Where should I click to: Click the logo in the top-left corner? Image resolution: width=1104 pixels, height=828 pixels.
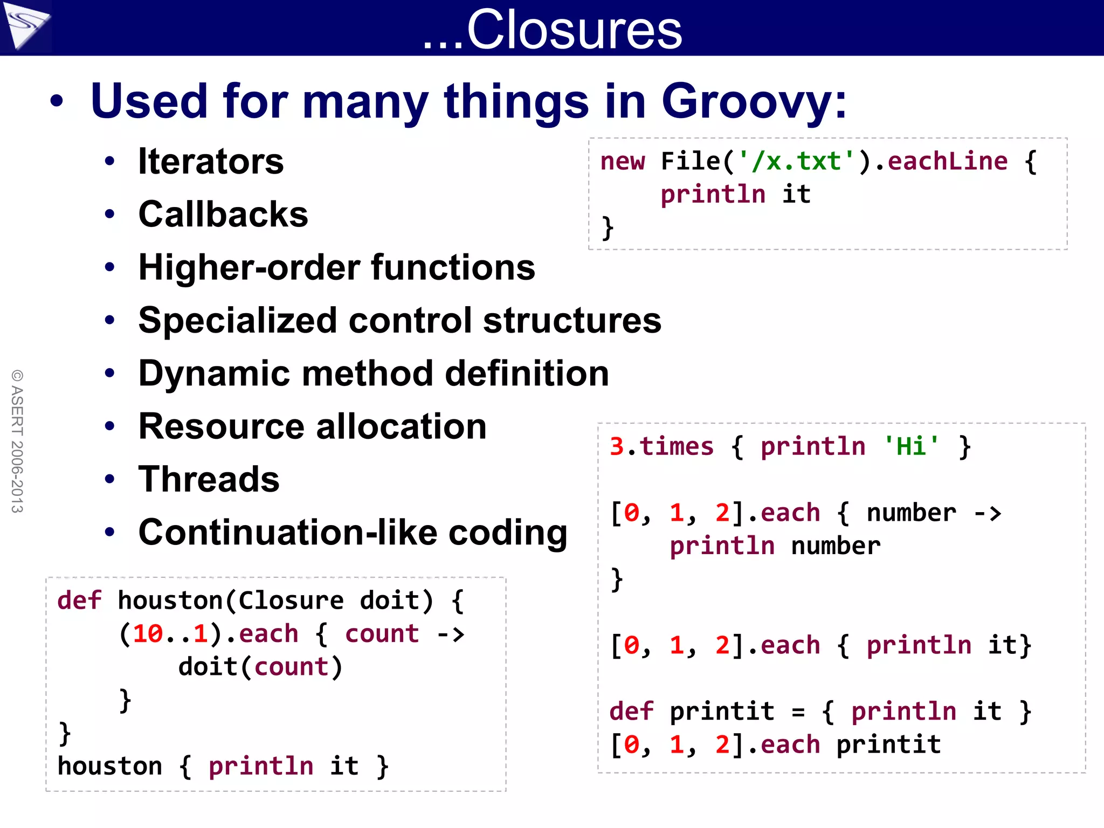(x=25, y=26)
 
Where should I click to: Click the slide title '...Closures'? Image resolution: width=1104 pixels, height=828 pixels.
(x=552, y=29)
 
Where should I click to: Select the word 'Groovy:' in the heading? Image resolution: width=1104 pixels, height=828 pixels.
(x=754, y=101)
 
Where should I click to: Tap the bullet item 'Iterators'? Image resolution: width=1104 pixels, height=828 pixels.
(x=211, y=161)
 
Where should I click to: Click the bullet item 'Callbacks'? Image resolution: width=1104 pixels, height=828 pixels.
(x=223, y=214)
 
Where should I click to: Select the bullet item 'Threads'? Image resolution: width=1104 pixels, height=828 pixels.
(x=209, y=479)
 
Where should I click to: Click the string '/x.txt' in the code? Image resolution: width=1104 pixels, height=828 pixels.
(x=797, y=161)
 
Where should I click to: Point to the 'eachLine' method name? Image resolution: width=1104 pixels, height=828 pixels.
(x=948, y=161)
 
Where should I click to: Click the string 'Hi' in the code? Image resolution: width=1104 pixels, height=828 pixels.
(x=911, y=446)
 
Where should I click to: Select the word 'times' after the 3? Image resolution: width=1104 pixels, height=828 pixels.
(x=677, y=446)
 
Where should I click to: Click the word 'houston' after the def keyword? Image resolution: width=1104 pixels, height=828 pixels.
(x=170, y=601)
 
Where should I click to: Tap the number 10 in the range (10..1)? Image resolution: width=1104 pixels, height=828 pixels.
(x=148, y=634)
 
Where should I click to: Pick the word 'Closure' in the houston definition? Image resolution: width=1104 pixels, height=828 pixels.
(x=291, y=601)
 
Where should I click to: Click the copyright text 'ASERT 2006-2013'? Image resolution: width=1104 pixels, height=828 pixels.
(x=17, y=441)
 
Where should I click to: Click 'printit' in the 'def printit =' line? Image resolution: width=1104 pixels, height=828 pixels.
(x=722, y=712)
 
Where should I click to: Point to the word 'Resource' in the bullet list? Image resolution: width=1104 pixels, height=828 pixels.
(x=220, y=426)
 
